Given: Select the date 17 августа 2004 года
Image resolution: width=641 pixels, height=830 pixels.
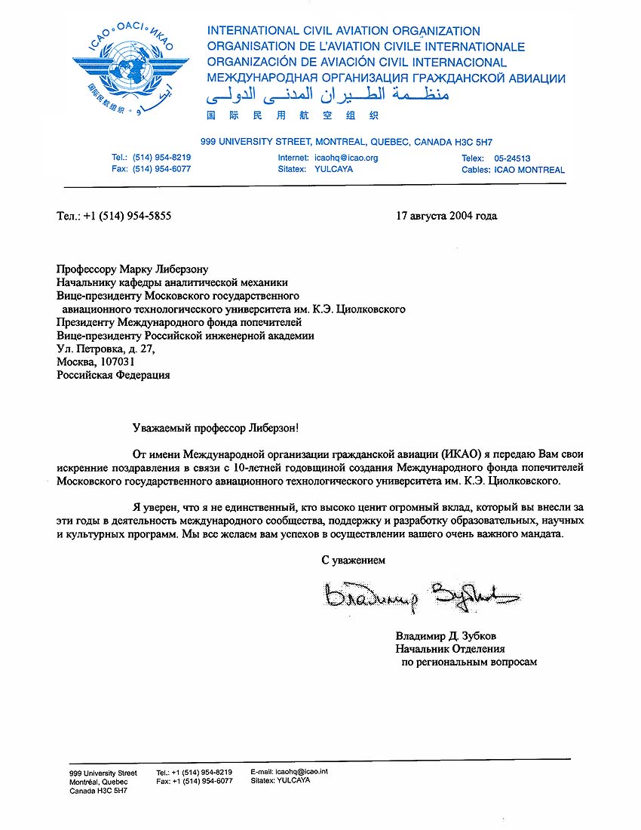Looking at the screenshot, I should point(446,216).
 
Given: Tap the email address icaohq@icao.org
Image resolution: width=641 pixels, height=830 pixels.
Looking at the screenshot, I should point(346,158).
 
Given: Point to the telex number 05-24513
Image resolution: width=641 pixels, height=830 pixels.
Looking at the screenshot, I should point(512,158).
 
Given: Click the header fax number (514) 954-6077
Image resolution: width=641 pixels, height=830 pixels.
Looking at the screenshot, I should point(161,170).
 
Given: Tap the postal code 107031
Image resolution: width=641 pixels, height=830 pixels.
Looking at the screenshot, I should point(115,362).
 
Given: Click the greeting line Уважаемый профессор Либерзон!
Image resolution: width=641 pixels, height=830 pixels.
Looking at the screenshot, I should point(215,428).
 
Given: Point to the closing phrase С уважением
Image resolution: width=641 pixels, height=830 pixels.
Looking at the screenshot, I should point(354,561).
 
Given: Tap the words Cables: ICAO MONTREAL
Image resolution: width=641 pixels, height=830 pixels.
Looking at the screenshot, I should point(513,170).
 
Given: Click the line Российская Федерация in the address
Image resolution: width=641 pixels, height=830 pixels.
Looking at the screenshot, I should point(114,375).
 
